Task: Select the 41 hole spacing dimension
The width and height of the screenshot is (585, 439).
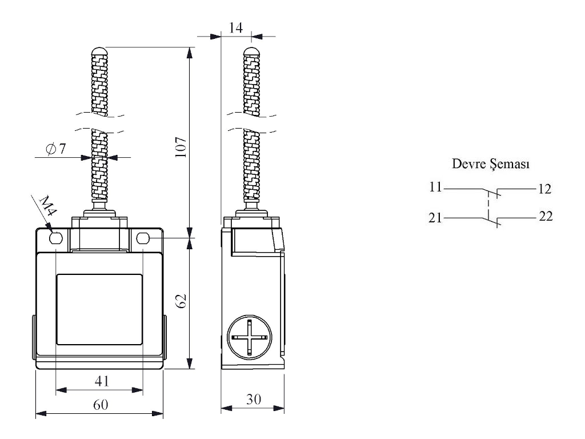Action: tap(99, 380)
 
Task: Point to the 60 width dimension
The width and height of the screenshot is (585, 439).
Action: tap(100, 405)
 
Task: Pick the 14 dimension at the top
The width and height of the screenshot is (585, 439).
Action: tap(235, 26)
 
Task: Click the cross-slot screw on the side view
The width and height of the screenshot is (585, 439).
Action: tap(250, 337)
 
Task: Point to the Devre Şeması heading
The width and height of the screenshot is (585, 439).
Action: tap(490, 165)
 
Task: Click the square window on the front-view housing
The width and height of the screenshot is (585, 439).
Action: tap(99, 309)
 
